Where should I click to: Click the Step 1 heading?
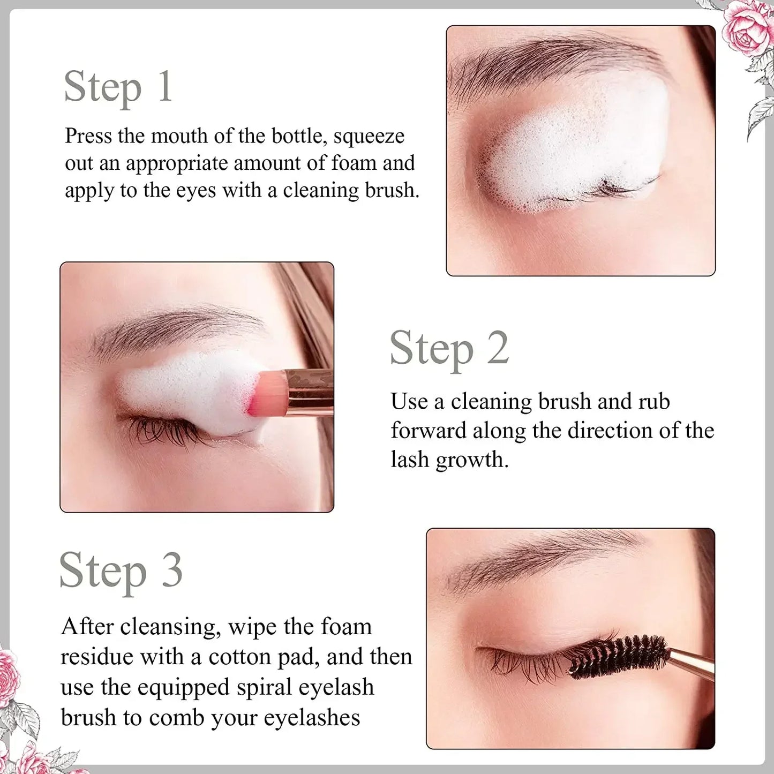point(118,87)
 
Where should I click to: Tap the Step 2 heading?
point(449,349)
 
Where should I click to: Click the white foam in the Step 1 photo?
point(573,145)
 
